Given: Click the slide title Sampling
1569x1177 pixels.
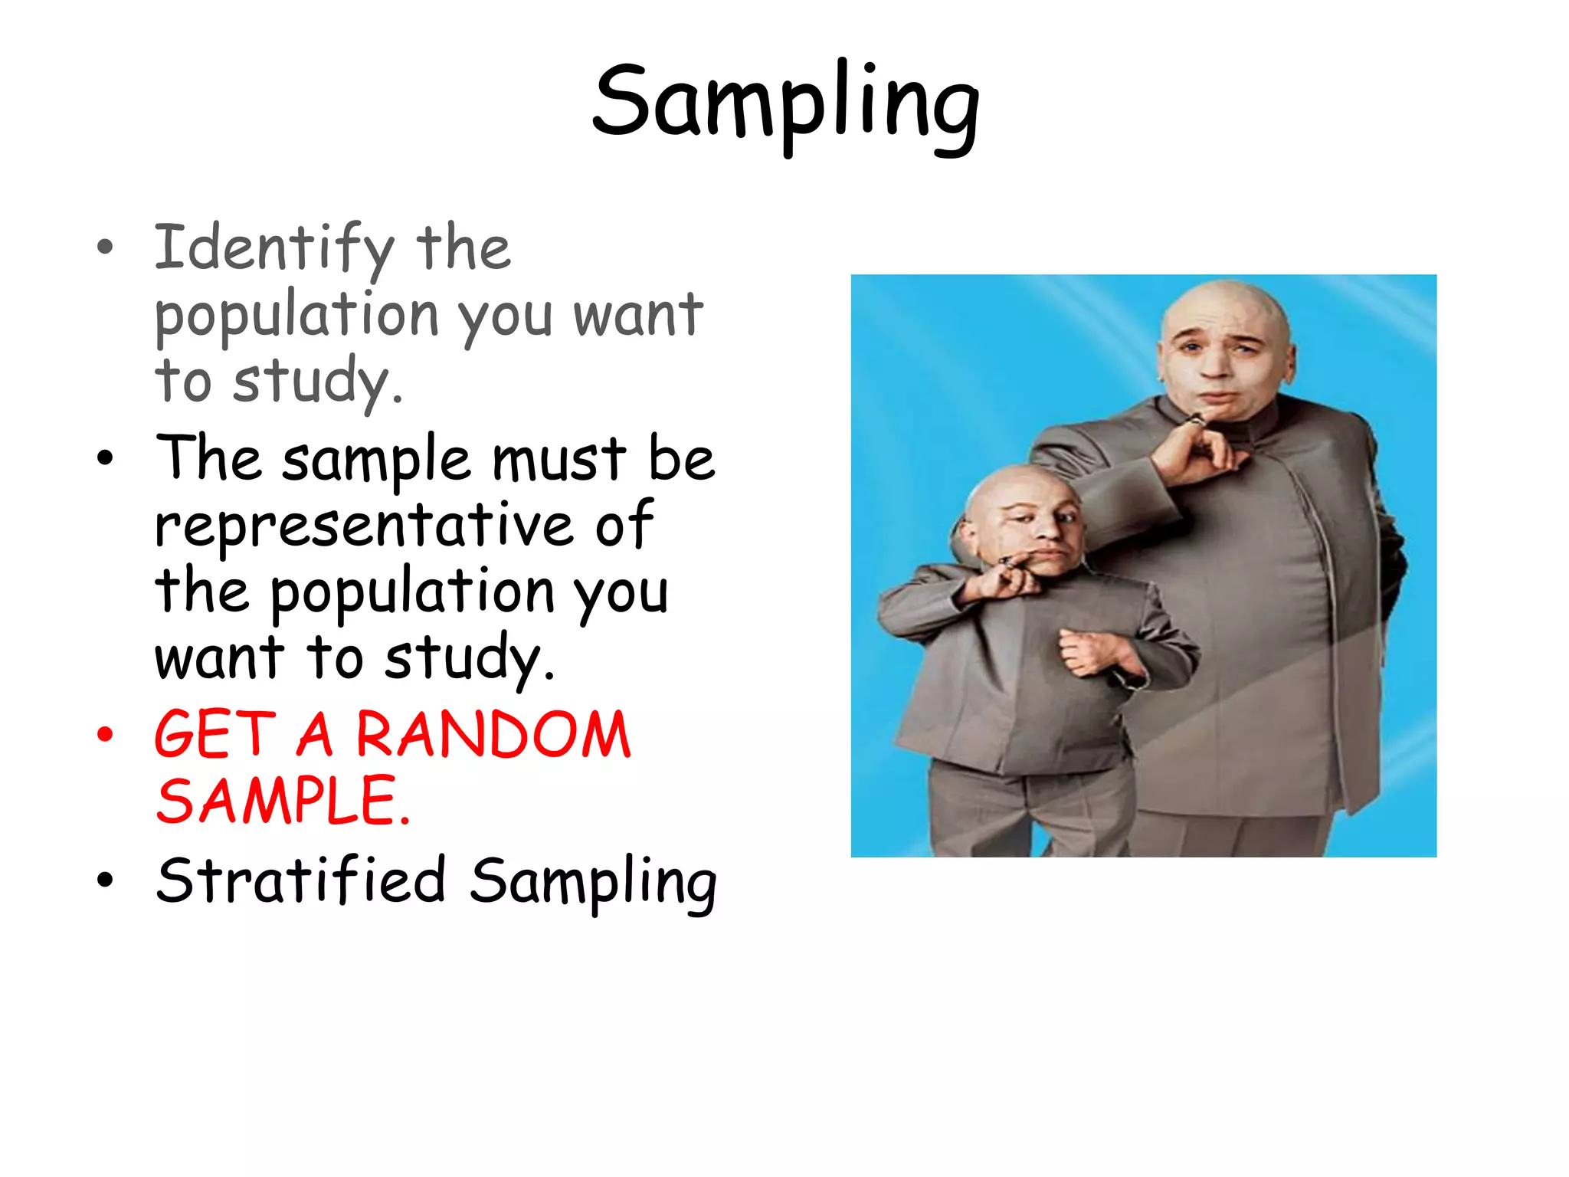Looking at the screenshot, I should [x=785, y=103].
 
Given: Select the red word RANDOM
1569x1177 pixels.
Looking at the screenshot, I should [x=493, y=735].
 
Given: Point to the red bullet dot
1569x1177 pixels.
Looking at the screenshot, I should [x=105, y=735].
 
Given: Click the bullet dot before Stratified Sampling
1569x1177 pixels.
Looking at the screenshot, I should [x=105, y=880].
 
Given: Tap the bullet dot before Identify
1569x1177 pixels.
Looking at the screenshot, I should [x=105, y=248].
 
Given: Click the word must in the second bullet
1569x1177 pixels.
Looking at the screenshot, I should [x=558, y=459].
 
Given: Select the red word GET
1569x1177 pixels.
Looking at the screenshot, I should [x=215, y=735].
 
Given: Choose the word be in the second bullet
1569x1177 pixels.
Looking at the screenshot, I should [x=681, y=459].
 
